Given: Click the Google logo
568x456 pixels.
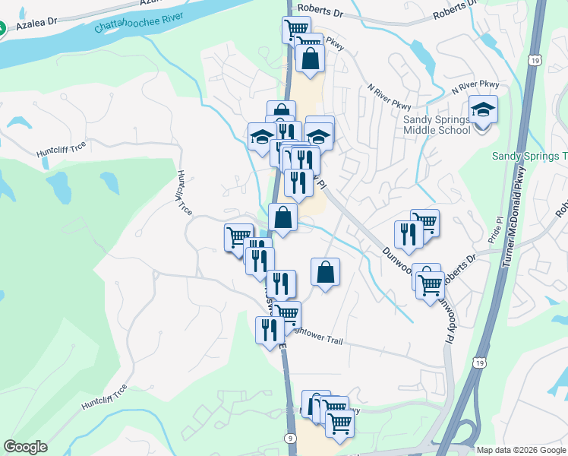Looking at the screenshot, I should pos(25,447).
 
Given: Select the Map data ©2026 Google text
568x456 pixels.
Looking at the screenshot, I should pos(521,450).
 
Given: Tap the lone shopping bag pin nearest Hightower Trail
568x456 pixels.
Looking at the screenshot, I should pos(325,272).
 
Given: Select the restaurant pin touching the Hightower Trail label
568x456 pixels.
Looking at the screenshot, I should pos(270,331).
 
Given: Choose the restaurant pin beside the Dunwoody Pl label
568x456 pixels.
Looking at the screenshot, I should pos(409,235).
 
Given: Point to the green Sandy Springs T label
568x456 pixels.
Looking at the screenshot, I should pos(529,156).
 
